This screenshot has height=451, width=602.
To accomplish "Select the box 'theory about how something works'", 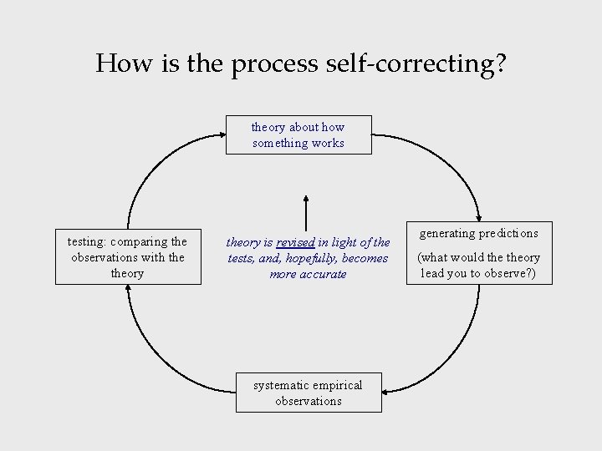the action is click(298, 135).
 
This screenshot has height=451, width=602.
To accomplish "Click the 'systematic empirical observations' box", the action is click(309, 393).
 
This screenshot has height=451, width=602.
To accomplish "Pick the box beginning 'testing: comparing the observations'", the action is click(128, 257).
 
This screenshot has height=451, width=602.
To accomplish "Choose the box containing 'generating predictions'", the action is click(479, 255).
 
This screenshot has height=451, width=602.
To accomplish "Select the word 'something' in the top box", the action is click(280, 144).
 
